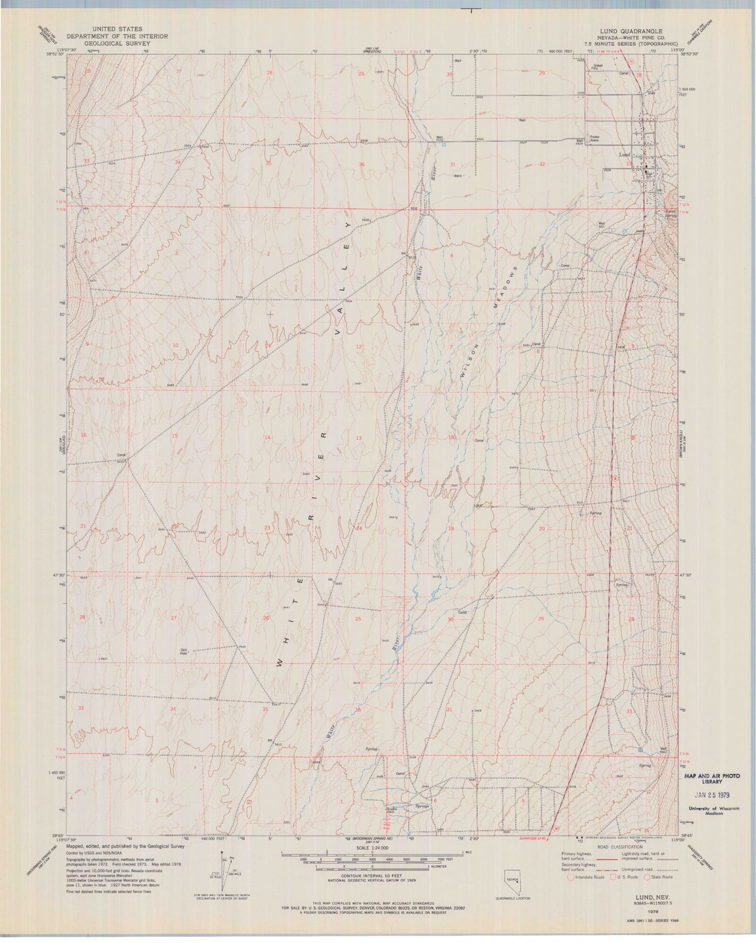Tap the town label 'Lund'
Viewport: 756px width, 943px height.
point(624,155)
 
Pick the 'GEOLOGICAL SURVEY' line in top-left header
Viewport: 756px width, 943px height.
point(117,43)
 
